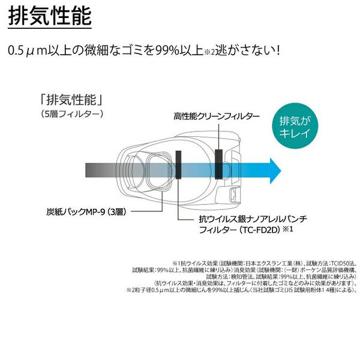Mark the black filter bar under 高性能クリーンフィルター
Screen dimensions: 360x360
218,161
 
